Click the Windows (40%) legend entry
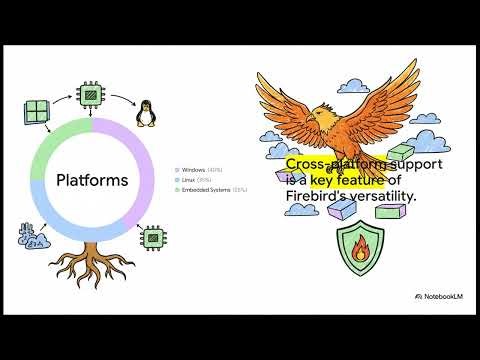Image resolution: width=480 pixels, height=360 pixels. pos(201,170)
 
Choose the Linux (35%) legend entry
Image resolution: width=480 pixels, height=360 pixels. pos(196,180)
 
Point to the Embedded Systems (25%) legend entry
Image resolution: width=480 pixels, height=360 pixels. pos(213,189)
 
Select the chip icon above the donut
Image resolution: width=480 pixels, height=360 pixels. pos(92,96)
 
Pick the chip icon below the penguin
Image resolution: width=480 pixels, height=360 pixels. pos(152,239)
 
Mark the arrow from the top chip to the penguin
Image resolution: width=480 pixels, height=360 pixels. pos(121,96)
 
